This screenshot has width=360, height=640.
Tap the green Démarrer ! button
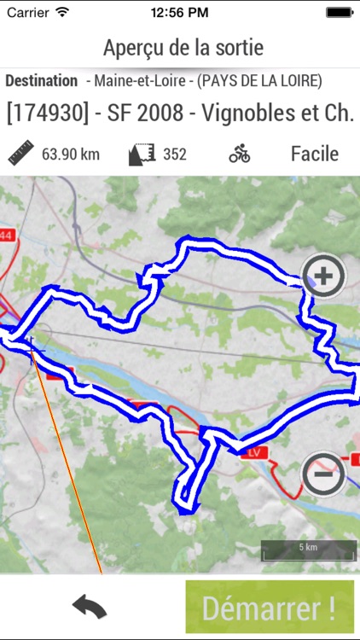(269, 607)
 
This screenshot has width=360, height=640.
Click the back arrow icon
(90, 607)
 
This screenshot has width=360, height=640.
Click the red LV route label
(253, 451)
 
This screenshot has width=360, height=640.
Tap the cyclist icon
(240, 154)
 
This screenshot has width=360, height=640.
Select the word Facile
(315, 154)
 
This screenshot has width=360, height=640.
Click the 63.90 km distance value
(71, 154)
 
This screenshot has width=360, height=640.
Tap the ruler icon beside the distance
(20, 154)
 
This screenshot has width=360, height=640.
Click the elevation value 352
(175, 154)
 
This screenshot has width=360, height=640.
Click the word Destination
(41, 81)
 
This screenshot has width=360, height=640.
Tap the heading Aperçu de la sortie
(183, 47)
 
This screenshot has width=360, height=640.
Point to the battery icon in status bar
(340, 13)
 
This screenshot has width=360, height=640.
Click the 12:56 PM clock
(180, 13)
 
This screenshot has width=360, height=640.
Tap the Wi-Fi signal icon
(63, 13)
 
